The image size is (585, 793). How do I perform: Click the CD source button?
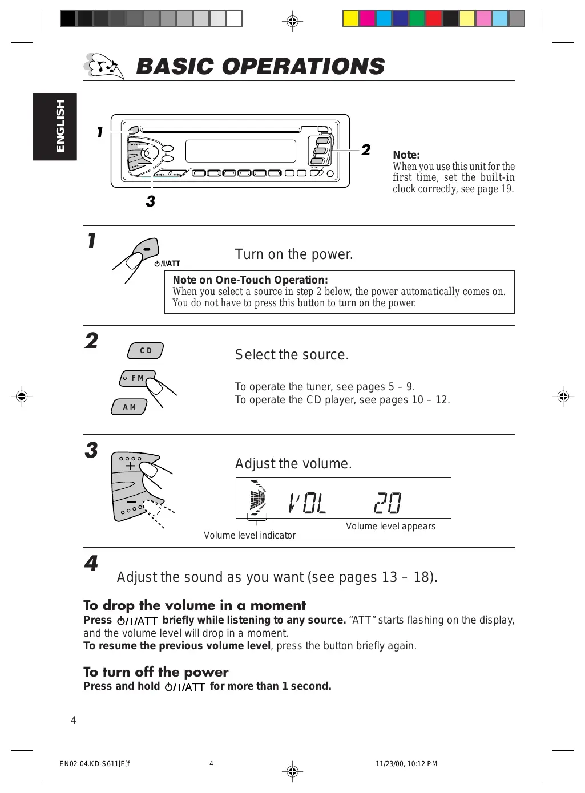point(146,350)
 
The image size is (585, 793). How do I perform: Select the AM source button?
point(130,407)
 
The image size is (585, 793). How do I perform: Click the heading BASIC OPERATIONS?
point(260,67)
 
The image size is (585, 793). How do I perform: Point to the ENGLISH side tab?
point(55,126)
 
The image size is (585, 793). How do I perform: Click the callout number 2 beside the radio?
point(366,150)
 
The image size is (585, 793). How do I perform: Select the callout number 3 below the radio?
point(150,201)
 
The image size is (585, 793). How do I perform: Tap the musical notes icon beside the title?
point(103,66)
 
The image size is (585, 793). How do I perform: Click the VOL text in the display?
point(308,503)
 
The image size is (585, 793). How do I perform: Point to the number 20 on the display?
point(388,503)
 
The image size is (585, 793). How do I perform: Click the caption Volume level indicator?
point(250,535)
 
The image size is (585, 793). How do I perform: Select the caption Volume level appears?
point(390,526)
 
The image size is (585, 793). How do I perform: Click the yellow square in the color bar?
point(350,19)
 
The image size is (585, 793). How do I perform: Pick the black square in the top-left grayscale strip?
point(68,19)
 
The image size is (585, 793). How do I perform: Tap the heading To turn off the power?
point(156,672)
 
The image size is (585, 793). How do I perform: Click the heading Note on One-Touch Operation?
point(250,280)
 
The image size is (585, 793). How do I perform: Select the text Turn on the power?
point(294,254)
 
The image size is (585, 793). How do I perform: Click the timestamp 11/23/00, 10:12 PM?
point(406,764)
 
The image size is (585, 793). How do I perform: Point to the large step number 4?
point(91,564)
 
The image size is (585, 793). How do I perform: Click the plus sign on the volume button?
point(130,466)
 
